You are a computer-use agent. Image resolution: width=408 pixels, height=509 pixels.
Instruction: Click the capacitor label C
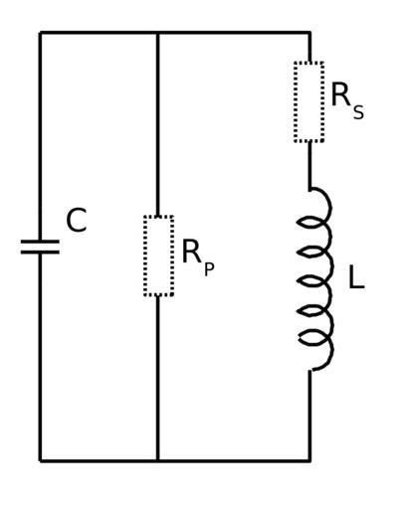[77, 220]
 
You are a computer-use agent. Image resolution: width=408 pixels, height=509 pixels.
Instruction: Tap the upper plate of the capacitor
[40, 242]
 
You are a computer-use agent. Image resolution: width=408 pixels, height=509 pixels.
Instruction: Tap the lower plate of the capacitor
[40, 253]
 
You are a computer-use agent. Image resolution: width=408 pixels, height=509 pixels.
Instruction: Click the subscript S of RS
[358, 112]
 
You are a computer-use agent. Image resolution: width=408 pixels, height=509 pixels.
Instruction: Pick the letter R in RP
[191, 252]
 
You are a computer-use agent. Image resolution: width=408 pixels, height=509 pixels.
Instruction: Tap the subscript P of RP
[209, 269]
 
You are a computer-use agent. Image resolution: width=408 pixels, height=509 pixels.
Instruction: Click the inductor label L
[356, 277]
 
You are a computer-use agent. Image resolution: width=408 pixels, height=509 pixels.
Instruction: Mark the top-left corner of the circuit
[40, 33]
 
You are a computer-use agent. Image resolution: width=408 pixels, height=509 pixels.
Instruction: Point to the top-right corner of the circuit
[310, 33]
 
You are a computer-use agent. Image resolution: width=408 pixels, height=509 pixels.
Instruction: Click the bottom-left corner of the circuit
[40, 460]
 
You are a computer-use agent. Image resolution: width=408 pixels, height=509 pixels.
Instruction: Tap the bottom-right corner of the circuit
[310, 460]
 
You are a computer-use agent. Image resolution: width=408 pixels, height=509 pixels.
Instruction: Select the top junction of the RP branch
[158, 33]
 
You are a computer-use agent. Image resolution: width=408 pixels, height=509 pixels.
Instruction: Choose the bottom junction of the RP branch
[158, 460]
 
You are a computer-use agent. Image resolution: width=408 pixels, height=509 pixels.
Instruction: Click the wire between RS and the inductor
[309, 165]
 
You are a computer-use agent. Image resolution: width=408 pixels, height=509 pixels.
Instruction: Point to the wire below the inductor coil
[309, 416]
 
